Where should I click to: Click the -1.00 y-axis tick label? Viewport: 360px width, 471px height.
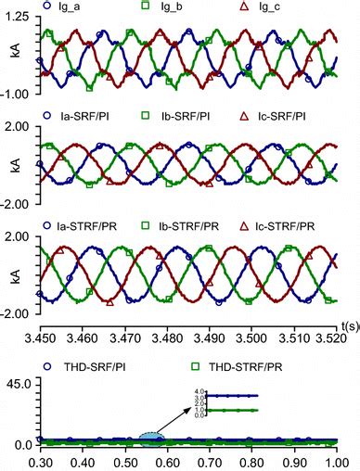point(20,92)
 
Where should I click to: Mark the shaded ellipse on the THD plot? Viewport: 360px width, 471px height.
point(151,438)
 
